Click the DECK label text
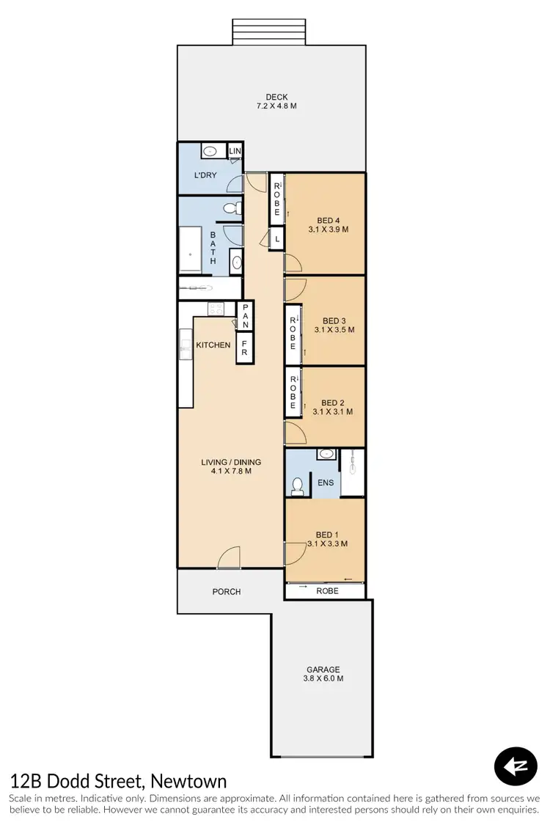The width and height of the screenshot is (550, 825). click(276, 97)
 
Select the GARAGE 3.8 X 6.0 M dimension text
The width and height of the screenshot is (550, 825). click(323, 678)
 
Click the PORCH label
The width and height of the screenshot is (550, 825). click(227, 592)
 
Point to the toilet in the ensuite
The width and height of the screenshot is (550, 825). click(298, 485)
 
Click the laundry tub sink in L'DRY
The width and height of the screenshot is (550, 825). click(210, 152)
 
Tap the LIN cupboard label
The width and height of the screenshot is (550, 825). click(235, 152)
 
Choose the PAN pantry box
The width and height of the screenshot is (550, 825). click(245, 315)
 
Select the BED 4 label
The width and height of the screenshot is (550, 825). click(329, 219)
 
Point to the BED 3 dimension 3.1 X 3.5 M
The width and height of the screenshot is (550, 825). click(334, 330)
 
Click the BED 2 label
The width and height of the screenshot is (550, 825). click(333, 403)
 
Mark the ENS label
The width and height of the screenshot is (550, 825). click(326, 483)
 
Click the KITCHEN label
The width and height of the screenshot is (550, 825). click(213, 345)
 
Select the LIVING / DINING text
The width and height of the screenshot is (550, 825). click(232, 462)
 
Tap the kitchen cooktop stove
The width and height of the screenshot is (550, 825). click(216, 309)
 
